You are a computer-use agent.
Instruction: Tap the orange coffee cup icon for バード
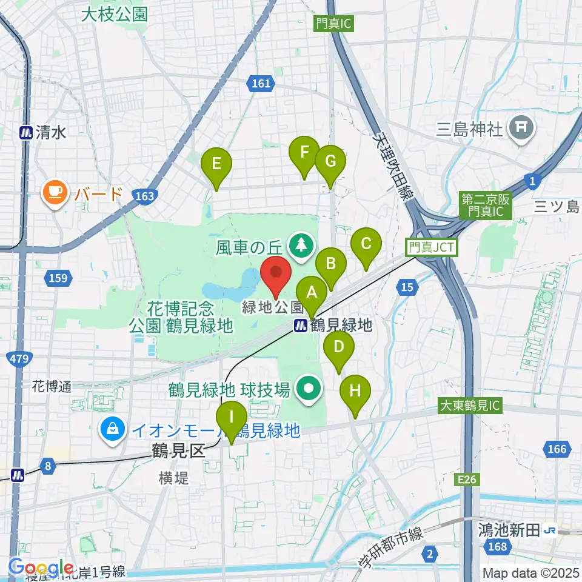55,194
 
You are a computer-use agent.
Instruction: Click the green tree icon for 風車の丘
301,246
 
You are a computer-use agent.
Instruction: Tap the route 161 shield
261,84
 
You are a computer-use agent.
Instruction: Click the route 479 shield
19,360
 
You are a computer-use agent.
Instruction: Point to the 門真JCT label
432,247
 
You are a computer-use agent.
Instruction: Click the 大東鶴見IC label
470,406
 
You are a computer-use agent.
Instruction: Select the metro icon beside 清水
27,133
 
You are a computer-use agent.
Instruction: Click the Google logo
41,568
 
